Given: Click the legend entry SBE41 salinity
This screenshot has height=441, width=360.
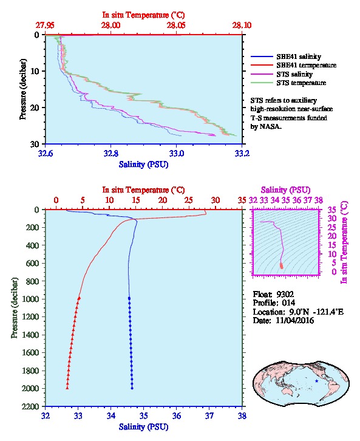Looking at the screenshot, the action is coord(299,56).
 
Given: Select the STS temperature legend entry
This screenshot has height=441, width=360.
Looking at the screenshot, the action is coord(301,83).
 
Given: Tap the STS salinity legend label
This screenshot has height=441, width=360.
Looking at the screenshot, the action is coord(294,74).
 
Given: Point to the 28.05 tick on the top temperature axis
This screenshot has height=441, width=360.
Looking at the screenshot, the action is coord(176,26).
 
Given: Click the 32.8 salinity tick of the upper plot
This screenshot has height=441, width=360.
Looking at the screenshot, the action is coord(110,153).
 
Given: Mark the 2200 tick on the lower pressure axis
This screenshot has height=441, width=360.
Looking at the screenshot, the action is coord(31,406).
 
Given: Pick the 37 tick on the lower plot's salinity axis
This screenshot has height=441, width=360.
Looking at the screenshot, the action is coord(209,415).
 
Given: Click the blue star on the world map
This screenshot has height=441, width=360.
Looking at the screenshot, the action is coord(317,381).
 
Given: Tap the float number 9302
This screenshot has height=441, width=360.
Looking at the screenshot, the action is coord(285,295).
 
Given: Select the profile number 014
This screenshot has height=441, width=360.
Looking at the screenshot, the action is coord(288,303).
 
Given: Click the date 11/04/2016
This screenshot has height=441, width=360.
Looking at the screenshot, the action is coord(294,320).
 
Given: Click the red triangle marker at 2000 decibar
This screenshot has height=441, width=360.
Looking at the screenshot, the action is coord(67,388).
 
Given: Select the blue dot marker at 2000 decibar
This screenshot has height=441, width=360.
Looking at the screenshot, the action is coord(132,388).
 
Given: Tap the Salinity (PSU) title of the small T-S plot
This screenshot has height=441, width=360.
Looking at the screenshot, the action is coord(285,190).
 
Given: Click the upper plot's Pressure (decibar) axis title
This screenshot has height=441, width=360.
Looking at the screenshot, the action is coord(22,89).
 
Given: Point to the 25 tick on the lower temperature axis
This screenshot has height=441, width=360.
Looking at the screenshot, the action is coord(189,200).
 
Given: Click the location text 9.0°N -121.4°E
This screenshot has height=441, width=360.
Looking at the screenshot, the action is coord(316,312).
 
